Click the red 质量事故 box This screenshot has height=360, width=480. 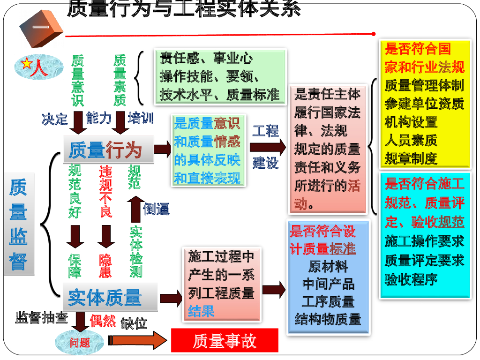point(225,340)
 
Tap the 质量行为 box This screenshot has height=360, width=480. point(108,150)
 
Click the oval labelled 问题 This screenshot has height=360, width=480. point(80,342)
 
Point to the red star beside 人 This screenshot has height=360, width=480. point(27,64)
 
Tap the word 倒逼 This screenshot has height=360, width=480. point(156,209)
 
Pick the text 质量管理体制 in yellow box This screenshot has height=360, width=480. point(424,85)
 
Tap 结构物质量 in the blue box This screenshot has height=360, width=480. point(328,319)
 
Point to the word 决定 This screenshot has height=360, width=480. point(54,119)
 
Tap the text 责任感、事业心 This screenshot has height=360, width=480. point(206,58)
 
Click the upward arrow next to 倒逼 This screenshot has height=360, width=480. point(136,210)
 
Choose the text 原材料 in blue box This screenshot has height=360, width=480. point(328,266)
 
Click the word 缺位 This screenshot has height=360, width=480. point(134,323)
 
